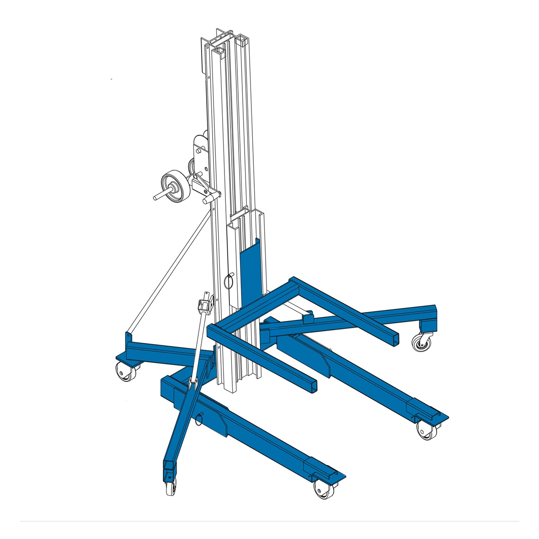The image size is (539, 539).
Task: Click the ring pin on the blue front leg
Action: tap(199, 419)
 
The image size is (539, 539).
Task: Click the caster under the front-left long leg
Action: tap(321, 488)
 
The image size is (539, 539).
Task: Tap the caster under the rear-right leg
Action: tap(419, 342)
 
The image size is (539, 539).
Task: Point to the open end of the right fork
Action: tap(394, 338)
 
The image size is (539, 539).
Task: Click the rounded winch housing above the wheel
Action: tap(200, 142)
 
